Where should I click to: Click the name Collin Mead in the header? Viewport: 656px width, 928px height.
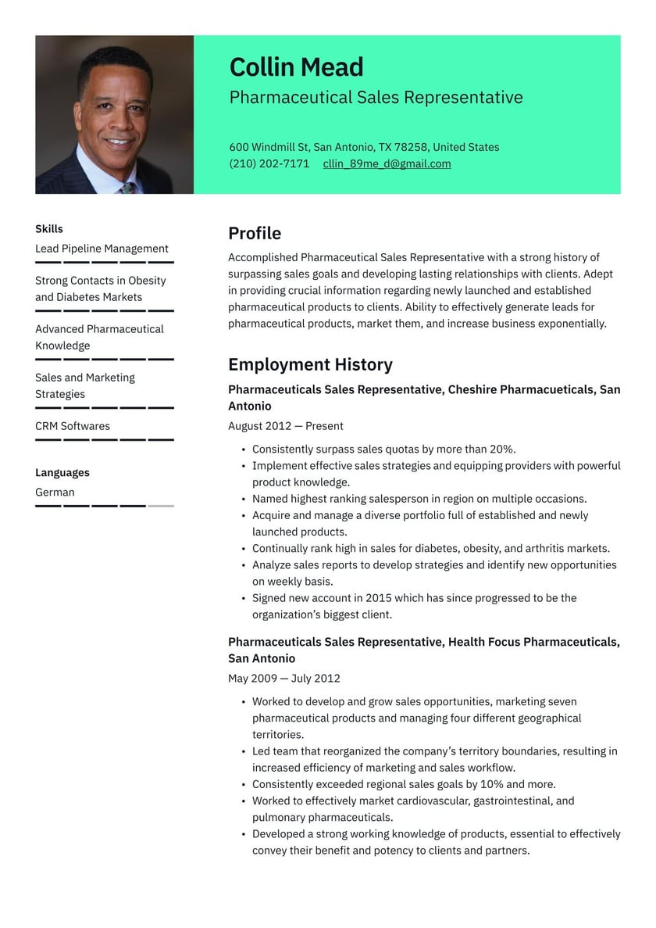click(296, 67)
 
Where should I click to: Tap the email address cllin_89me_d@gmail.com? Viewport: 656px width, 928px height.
click(387, 163)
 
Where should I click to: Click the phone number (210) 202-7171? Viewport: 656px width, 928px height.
click(269, 163)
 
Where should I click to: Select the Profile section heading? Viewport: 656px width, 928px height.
click(255, 233)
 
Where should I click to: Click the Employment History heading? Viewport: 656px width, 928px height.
click(310, 364)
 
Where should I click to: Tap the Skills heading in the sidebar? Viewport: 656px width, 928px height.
click(49, 229)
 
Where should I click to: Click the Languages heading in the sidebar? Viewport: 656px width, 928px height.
click(62, 472)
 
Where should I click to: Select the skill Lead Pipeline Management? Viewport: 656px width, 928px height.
click(102, 249)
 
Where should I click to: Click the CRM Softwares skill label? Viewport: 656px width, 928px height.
click(73, 426)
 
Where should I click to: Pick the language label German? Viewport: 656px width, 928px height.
click(55, 492)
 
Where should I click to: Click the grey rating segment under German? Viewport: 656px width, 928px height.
click(161, 506)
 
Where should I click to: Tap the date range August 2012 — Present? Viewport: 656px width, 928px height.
click(286, 426)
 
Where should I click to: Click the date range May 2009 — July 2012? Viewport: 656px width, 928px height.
click(284, 679)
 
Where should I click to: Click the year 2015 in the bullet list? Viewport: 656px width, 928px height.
click(379, 598)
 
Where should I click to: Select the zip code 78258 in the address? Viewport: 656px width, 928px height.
click(412, 147)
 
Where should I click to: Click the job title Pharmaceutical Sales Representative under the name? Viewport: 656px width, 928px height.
click(376, 98)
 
